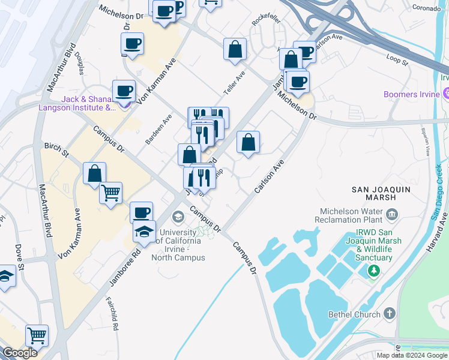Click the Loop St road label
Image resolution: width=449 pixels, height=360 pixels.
click(x=397, y=59)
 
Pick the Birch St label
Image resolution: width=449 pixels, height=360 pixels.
click(x=56, y=146)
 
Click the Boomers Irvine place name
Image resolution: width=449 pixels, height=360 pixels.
click(x=412, y=94)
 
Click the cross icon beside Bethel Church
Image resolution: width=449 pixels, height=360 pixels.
click(x=390, y=314)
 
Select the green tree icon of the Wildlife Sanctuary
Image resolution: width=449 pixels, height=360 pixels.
click(x=375, y=271)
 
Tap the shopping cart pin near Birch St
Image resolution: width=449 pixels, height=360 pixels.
click(x=110, y=193)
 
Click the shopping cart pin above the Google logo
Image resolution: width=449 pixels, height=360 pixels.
click(x=37, y=335)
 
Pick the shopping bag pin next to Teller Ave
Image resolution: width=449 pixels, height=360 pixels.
click(x=235, y=49)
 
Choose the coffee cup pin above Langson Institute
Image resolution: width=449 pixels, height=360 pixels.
click(x=124, y=91)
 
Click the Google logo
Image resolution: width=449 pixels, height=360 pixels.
click(x=20, y=353)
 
